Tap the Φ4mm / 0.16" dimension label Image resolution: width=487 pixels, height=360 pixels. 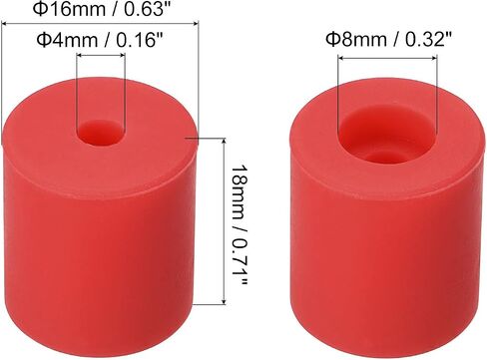(100, 40)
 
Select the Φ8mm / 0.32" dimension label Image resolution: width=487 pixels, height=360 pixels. (389, 39)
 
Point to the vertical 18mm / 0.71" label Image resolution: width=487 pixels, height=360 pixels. (239, 224)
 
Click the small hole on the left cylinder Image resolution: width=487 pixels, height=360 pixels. (101, 134)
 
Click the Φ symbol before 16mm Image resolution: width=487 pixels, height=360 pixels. (39, 9)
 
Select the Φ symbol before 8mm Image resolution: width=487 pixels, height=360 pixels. (332, 39)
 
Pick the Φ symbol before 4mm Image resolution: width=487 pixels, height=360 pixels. (43, 40)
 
